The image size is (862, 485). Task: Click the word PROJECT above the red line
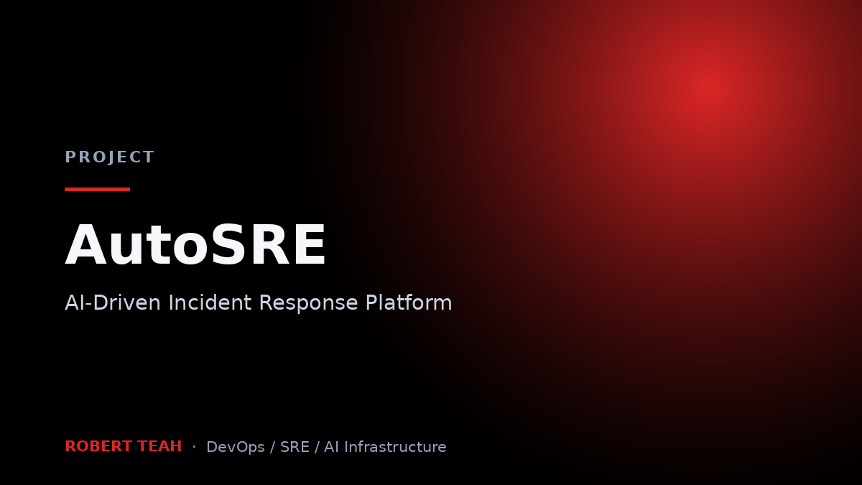[x=110, y=157]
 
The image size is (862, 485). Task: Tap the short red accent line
[x=98, y=189]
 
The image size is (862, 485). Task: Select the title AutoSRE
[x=195, y=245]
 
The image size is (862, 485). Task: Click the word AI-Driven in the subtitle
[x=113, y=302]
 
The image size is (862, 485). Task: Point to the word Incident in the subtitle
[x=210, y=302]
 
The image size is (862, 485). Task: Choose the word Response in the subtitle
[x=309, y=303]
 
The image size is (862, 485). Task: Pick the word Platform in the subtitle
[x=409, y=302]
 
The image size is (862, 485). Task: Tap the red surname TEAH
[x=159, y=446]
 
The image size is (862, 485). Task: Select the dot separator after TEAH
[x=195, y=447]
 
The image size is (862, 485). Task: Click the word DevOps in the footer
[x=236, y=447]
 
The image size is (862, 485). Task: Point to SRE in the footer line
[x=295, y=447]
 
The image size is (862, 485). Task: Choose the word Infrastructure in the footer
[x=395, y=447]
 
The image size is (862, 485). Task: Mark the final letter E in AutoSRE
[x=310, y=245]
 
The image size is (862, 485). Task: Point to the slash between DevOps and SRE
[x=272, y=447]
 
